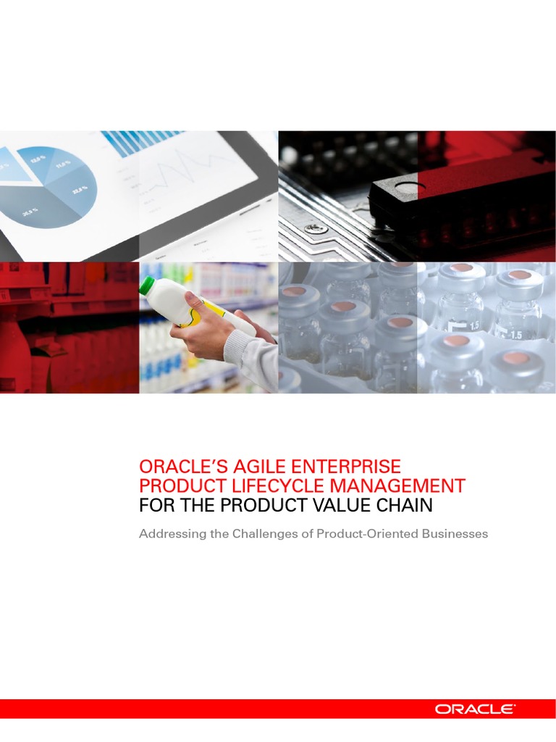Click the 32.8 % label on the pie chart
point(80,190)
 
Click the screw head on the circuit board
point(312,229)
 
